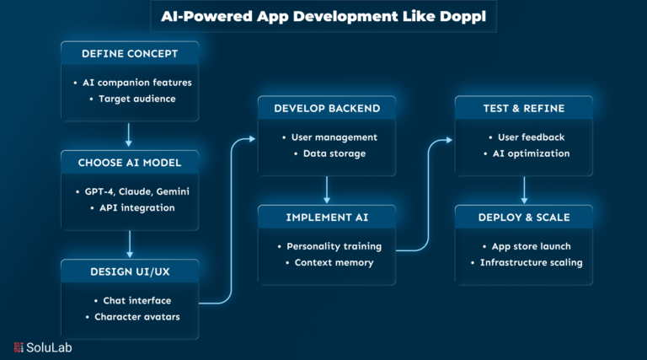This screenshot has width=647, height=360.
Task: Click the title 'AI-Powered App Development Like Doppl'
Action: [323, 15]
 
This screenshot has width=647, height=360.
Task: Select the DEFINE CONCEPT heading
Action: [129, 54]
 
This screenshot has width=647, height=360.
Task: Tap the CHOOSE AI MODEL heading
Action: [129, 163]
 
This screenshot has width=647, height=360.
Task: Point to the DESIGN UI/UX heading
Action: [129, 271]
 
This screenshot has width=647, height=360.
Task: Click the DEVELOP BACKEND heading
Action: [326, 109]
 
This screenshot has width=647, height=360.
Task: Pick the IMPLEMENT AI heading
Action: [326, 218]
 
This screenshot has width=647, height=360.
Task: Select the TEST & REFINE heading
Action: [524, 109]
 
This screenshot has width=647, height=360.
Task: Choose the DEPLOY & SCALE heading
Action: [524, 218]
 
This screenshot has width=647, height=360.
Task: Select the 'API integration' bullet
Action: [136, 207]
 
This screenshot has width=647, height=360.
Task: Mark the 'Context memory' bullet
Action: [333, 262]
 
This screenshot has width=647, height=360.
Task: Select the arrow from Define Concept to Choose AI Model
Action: [129, 134]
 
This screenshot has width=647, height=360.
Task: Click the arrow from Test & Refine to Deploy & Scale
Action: [524, 189]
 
